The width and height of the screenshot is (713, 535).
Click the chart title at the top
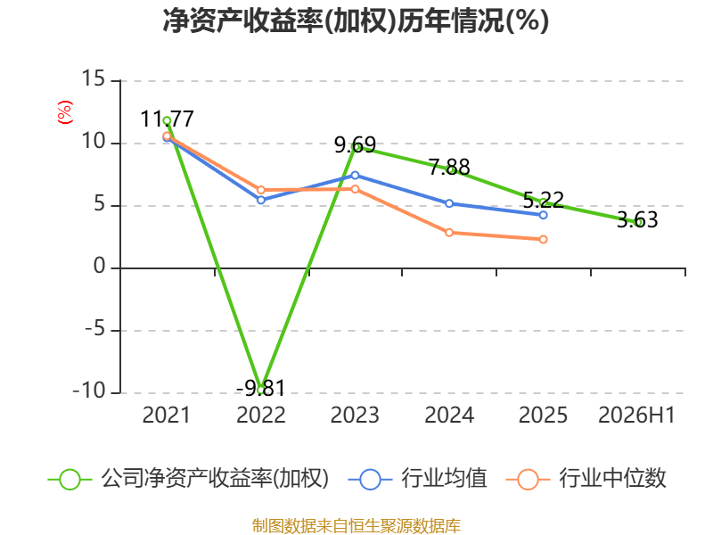(356, 21)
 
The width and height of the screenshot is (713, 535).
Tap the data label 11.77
(167, 119)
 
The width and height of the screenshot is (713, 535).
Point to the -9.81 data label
(260, 389)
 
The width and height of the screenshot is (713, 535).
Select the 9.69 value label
(355, 145)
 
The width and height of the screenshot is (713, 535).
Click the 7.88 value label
(449, 167)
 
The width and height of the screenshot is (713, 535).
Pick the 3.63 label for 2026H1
(637, 219)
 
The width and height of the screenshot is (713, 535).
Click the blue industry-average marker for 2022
(261, 200)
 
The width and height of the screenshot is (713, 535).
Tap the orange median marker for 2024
(449, 233)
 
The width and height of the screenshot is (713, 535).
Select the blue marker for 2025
(544, 215)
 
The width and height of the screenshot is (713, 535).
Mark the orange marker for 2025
(544, 239)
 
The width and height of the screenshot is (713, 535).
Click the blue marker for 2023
(355, 175)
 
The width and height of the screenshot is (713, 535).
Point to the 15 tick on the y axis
(94, 79)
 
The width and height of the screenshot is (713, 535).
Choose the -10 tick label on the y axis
(89, 391)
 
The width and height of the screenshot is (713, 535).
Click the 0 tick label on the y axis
(100, 266)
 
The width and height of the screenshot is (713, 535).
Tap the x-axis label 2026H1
(636, 416)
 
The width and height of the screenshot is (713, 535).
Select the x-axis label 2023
(355, 416)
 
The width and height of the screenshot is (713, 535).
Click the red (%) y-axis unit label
(64, 112)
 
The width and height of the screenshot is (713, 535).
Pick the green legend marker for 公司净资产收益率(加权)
(70, 480)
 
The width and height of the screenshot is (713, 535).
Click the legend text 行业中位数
(612, 479)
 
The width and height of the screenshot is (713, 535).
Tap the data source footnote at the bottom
(356, 526)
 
